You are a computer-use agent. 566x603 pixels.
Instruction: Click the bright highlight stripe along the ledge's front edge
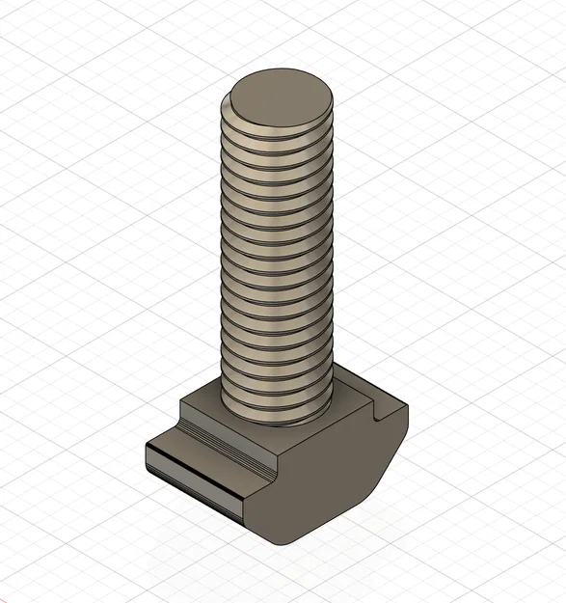click(x=193, y=467)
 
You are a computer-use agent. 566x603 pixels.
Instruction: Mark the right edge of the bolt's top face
click(x=334, y=95)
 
